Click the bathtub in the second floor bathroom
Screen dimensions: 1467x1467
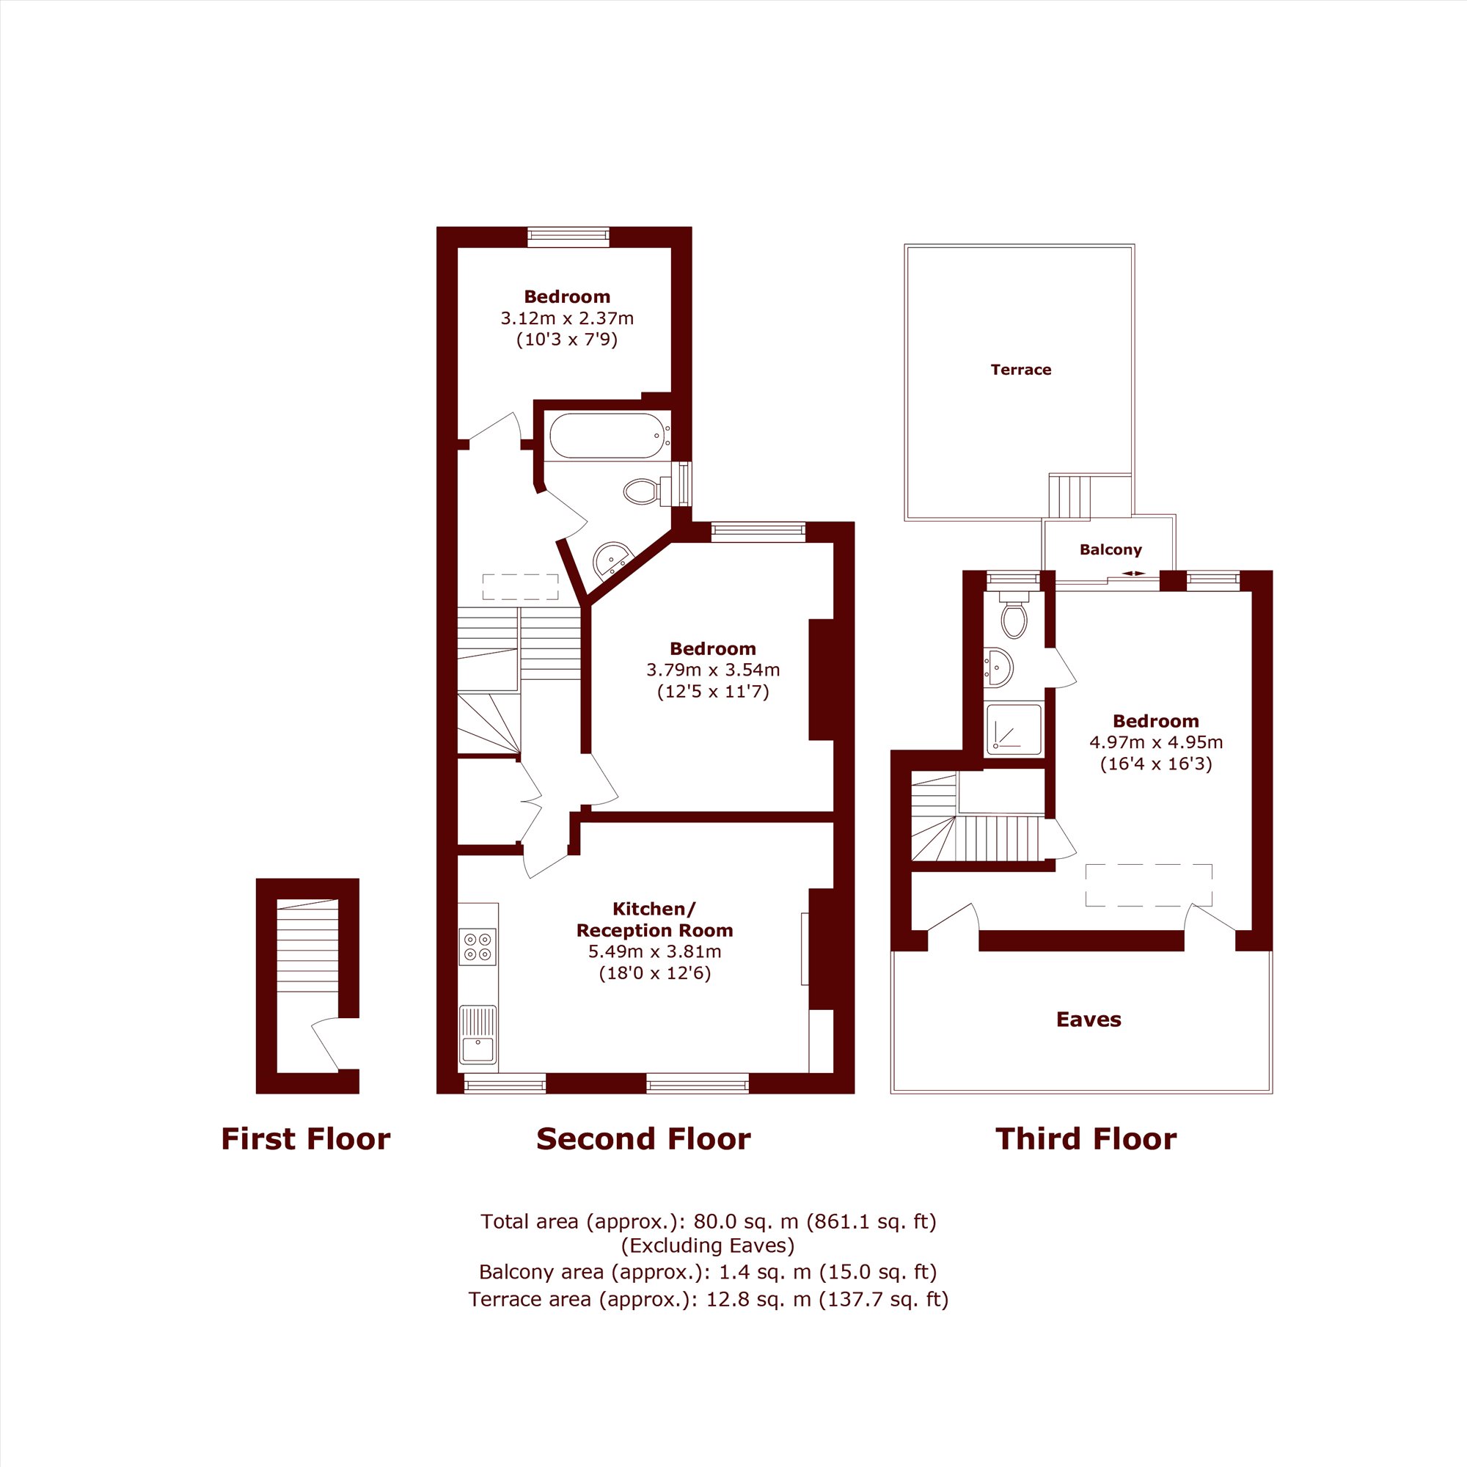[x=608, y=436]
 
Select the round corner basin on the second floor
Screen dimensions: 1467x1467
[x=612, y=560]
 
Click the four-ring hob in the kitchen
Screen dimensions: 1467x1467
[x=478, y=947]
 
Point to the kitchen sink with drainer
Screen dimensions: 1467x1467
[x=478, y=1035]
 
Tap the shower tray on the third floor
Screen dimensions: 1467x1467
[x=1014, y=730]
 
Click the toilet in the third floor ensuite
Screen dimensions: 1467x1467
[x=1014, y=612]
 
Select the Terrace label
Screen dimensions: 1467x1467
[x=1020, y=370]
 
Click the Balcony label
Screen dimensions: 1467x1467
[x=1110, y=549]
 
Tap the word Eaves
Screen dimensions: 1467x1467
[x=1088, y=1019]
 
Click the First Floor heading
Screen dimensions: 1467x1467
[x=305, y=1139]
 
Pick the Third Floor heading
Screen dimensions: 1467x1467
[x=1086, y=1139]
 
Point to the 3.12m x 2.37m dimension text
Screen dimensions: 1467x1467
[x=566, y=318]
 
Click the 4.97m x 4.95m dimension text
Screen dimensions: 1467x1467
[x=1156, y=742]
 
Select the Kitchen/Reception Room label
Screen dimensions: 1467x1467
[x=654, y=920]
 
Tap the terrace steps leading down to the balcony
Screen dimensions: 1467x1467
[x=1069, y=497]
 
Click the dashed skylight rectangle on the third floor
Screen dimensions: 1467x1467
[x=1148, y=885]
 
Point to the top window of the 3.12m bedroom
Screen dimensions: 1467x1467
[x=568, y=237]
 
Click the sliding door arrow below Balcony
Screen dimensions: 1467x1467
[x=1134, y=574]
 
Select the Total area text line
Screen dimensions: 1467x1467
[x=709, y=1222]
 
